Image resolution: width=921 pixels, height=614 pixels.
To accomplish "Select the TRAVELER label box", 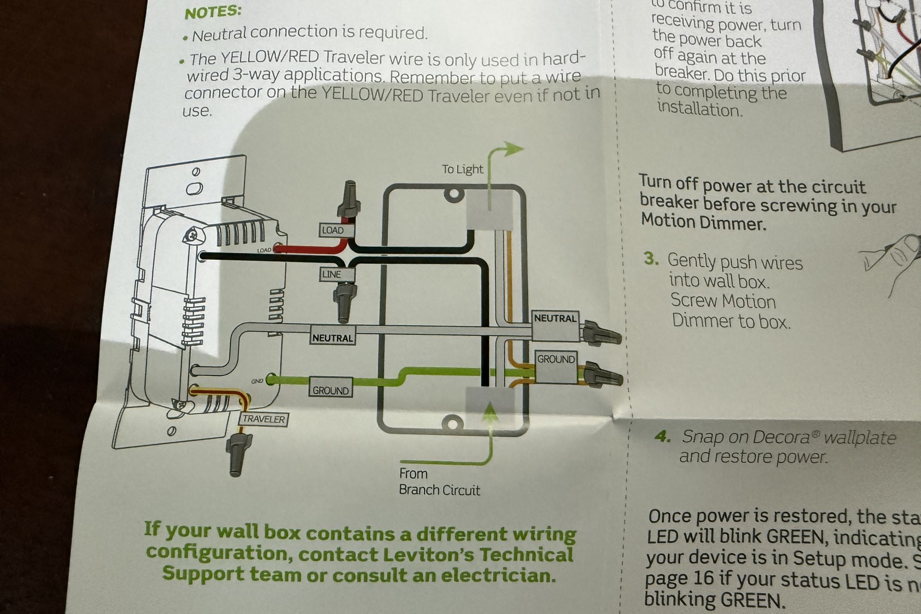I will [263, 419].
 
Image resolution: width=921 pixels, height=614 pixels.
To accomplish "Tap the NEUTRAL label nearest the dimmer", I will [332, 338].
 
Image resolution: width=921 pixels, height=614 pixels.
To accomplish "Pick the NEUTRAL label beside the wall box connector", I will [555, 318].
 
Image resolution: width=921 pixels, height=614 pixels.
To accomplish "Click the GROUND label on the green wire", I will [330, 390].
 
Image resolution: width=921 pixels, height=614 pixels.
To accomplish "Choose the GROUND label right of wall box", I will [556, 359].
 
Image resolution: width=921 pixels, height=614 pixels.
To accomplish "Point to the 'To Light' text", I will [462, 170].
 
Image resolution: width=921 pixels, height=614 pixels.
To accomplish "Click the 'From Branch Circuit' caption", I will [439, 482].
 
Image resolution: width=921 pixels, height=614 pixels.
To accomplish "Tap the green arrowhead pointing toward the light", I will [513, 149].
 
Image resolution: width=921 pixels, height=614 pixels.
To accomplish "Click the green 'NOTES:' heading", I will [212, 12].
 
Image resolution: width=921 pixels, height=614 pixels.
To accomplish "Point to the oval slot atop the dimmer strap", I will [194, 189].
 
